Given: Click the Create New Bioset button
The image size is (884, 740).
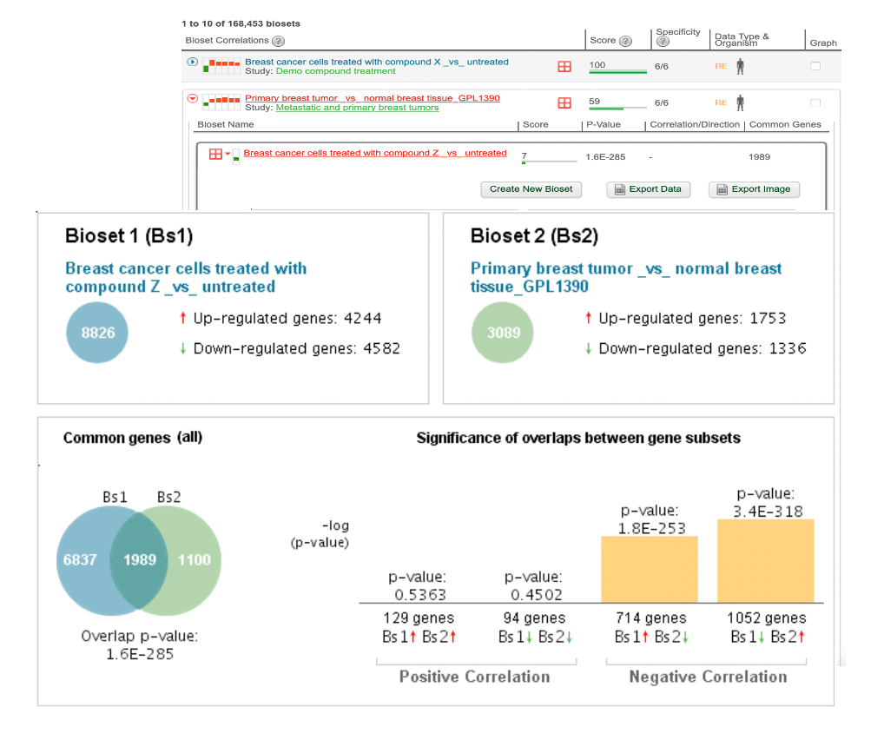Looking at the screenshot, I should point(531,189).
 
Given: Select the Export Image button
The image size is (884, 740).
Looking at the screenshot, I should point(754,189).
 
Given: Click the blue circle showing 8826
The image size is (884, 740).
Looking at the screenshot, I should point(98,333).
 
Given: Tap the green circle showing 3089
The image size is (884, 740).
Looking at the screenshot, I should point(504,333).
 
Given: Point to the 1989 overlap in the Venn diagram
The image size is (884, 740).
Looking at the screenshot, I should point(140,559).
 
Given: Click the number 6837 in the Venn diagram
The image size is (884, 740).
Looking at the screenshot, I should point(80,559).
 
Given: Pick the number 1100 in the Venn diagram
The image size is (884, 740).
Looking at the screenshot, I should point(194,559).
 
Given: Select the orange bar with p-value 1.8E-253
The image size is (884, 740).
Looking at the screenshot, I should point(650,569).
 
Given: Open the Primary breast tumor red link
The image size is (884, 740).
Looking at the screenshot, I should point(372,98).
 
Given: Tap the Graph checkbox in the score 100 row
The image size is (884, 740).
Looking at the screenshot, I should point(815,66).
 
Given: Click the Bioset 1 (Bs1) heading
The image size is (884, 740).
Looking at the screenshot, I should point(129,236).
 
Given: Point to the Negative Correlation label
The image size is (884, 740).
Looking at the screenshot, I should point(708,677).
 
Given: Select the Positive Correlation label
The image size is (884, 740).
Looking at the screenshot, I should point(474,677).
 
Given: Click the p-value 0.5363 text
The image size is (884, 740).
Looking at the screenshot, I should point(417,595).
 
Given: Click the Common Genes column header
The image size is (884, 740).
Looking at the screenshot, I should point(785,125).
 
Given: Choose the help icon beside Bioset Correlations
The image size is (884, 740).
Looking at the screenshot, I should point(278,41).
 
